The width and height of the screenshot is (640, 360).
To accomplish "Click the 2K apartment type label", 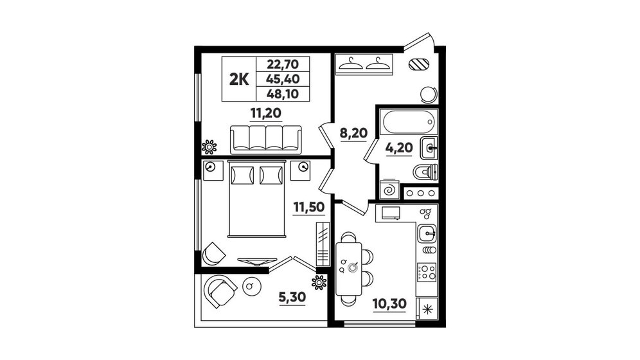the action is point(239,79).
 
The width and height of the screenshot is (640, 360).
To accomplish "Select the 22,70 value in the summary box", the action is point(283,64).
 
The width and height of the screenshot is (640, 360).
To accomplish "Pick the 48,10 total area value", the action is point(283,94).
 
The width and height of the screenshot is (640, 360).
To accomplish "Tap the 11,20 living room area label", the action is point(266,113).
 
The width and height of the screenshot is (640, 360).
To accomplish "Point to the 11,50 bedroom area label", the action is point(309,207).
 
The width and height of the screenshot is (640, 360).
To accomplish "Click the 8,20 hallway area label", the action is point(354,133).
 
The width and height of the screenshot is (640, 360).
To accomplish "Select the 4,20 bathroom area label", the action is point(399,147).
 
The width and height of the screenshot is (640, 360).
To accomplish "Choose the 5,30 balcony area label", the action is point(292,297).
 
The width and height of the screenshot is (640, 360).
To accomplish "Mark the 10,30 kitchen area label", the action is point(389,303).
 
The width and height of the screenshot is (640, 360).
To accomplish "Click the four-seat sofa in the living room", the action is point(266,140).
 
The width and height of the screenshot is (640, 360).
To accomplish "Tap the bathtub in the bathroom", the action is point(409,122).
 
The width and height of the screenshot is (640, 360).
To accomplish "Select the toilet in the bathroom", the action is point(426,172).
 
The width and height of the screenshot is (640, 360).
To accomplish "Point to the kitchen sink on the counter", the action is point(427,233).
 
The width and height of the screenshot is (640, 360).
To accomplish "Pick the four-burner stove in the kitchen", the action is point(427,272).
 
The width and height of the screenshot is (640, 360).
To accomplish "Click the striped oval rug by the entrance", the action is point(419,64).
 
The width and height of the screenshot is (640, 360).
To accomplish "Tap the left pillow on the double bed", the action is point(242,175).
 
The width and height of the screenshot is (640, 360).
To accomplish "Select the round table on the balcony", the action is point(251,285).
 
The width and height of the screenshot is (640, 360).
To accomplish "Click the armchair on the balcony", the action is point(221,291).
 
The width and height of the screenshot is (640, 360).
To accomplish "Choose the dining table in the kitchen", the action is point(349,269).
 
